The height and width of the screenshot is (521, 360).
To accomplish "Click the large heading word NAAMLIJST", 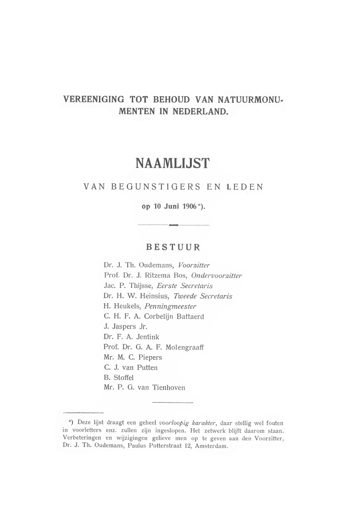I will (173, 164).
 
